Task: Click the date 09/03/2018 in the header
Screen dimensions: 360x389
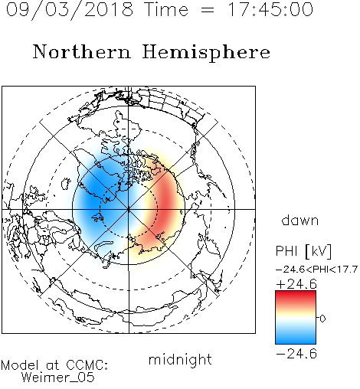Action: click(x=70, y=10)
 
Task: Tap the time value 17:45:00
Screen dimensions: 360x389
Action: click(x=270, y=9)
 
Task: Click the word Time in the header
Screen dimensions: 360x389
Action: click(x=166, y=9)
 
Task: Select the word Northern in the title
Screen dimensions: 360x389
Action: click(x=81, y=51)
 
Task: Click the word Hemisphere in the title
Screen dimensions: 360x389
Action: click(x=206, y=53)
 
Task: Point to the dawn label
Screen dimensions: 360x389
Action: click(x=300, y=220)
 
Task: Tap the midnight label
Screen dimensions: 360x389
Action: click(x=180, y=359)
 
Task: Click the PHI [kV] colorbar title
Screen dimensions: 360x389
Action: click(x=303, y=251)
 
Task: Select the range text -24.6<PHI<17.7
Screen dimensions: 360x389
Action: click(x=316, y=269)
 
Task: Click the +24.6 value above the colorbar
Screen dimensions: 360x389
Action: click(x=296, y=284)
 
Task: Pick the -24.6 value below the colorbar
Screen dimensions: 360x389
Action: click(x=296, y=354)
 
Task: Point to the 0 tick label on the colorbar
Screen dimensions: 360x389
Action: click(x=322, y=319)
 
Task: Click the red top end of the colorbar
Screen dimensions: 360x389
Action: click(x=296, y=293)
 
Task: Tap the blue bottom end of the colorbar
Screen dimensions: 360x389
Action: click(x=296, y=342)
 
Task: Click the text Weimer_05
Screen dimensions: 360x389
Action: click(x=58, y=378)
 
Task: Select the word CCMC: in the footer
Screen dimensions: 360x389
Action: click(x=87, y=365)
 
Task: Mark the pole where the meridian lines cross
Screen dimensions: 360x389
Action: click(x=129, y=209)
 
